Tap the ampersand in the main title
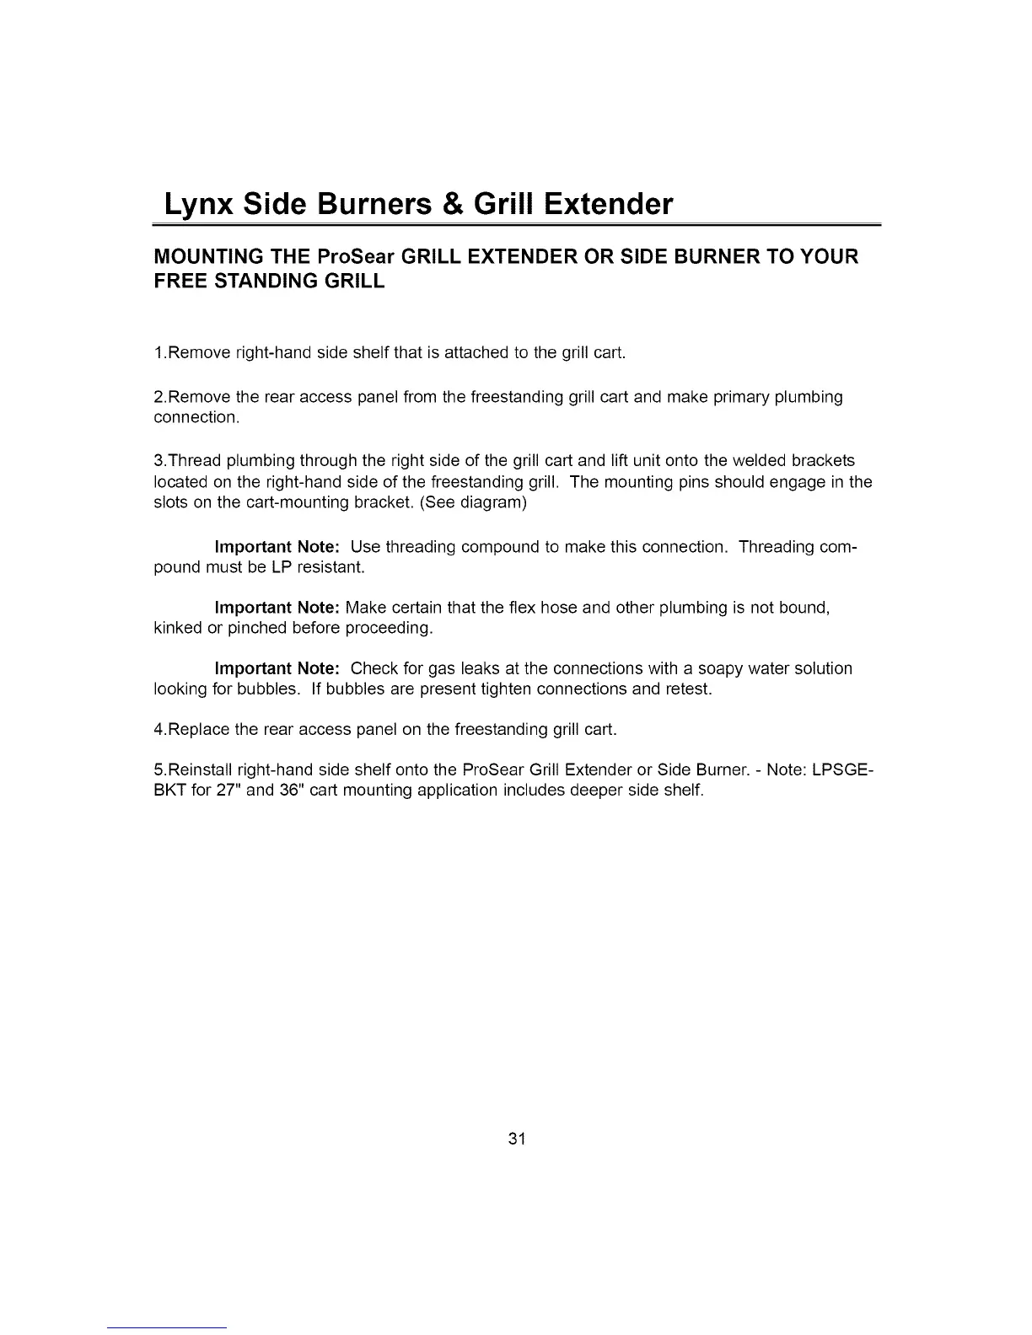pos(458,205)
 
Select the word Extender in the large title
pos(607,205)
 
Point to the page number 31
pos(517,1139)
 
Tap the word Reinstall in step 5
pos(201,770)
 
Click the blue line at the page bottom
pos(167,1327)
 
